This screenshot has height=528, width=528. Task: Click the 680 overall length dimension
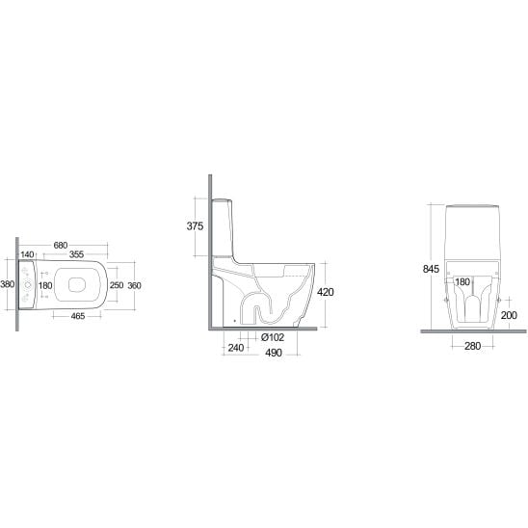tap(61, 245)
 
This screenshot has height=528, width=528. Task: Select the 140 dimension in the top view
tap(27, 254)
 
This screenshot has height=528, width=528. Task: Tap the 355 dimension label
tap(76, 254)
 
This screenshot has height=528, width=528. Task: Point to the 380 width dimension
tap(8, 284)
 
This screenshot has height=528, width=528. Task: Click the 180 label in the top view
tap(45, 285)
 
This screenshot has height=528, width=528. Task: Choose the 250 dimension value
tap(117, 285)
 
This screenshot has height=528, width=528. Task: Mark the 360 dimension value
tap(134, 285)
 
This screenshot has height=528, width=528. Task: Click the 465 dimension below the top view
tap(78, 316)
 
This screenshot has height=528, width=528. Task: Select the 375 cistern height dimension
tap(195, 226)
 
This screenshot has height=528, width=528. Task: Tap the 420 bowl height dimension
tap(326, 292)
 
